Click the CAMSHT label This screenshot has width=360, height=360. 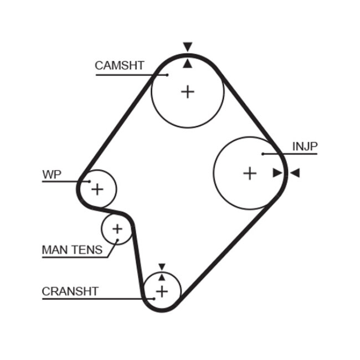tap(119, 65)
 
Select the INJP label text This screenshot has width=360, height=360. tap(305, 146)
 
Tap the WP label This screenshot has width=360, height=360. tap(52, 174)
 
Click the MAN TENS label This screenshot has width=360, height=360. tap(72, 250)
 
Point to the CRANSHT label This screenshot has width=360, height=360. tap(70, 291)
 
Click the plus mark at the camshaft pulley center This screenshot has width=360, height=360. tap(188, 91)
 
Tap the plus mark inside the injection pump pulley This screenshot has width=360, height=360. tap(250, 173)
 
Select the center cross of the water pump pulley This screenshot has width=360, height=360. tap(97, 189)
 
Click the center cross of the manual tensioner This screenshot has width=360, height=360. tap(117, 228)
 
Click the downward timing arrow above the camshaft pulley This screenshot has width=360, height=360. tap(188, 47)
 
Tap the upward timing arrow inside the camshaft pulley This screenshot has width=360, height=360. tap(188, 64)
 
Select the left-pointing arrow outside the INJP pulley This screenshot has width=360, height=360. tap(295, 173)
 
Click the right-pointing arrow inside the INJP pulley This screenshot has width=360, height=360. tap(277, 173)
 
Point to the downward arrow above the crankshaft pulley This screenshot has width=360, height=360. tap(162, 266)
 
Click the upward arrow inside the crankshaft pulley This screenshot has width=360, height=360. tap(162, 276)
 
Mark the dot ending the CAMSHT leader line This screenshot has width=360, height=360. tap(167, 74)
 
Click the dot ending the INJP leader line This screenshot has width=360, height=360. tap(263, 153)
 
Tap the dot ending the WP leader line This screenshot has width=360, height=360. tap(89, 181)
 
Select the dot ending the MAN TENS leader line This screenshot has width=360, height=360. tap(117, 240)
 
